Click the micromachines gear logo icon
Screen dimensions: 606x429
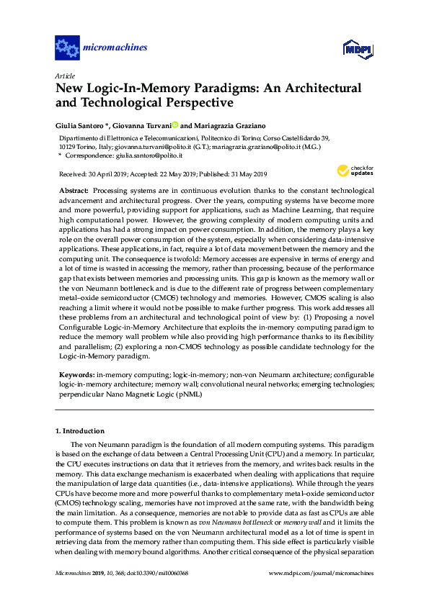67,48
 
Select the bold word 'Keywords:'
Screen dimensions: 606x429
76,374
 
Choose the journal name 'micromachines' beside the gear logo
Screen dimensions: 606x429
116,48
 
